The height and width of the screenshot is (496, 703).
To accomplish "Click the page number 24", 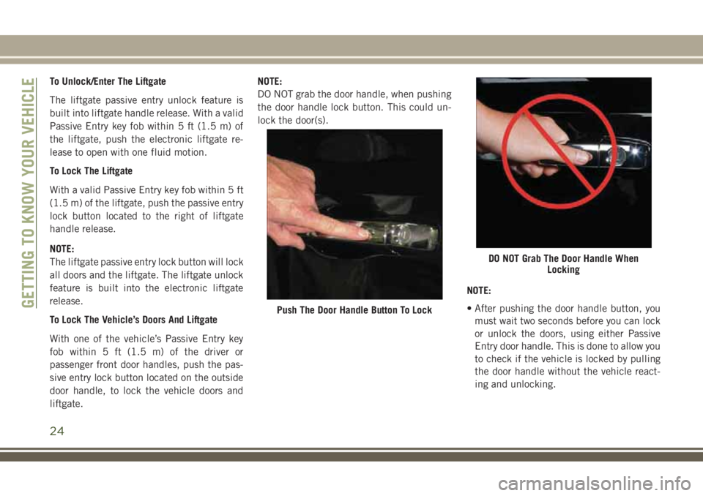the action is click(x=57, y=431).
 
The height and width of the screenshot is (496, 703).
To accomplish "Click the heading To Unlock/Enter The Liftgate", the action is click(x=108, y=81).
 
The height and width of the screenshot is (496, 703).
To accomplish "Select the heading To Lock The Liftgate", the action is click(x=91, y=171).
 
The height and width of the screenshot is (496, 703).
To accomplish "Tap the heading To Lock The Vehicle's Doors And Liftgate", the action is click(x=133, y=320).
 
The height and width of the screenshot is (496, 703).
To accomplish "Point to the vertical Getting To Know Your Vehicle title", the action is click(x=29, y=192).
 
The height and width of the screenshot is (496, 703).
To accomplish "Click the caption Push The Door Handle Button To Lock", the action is click(x=354, y=310).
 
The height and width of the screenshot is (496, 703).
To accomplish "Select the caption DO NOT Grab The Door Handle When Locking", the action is click(x=564, y=264).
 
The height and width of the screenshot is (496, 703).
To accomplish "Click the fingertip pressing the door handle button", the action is click(x=364, y=233).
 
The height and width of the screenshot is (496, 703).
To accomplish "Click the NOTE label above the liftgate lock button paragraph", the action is click(x=62, y=249).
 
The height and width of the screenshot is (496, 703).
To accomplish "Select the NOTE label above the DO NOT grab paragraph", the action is click(x=270, y=81).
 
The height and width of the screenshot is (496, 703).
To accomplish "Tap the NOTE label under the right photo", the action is click(x=479, y=290).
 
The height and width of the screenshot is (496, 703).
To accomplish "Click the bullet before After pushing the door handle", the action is click(x=469, y=309).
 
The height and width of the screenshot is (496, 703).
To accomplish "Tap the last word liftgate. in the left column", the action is click(x=67, y=404).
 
